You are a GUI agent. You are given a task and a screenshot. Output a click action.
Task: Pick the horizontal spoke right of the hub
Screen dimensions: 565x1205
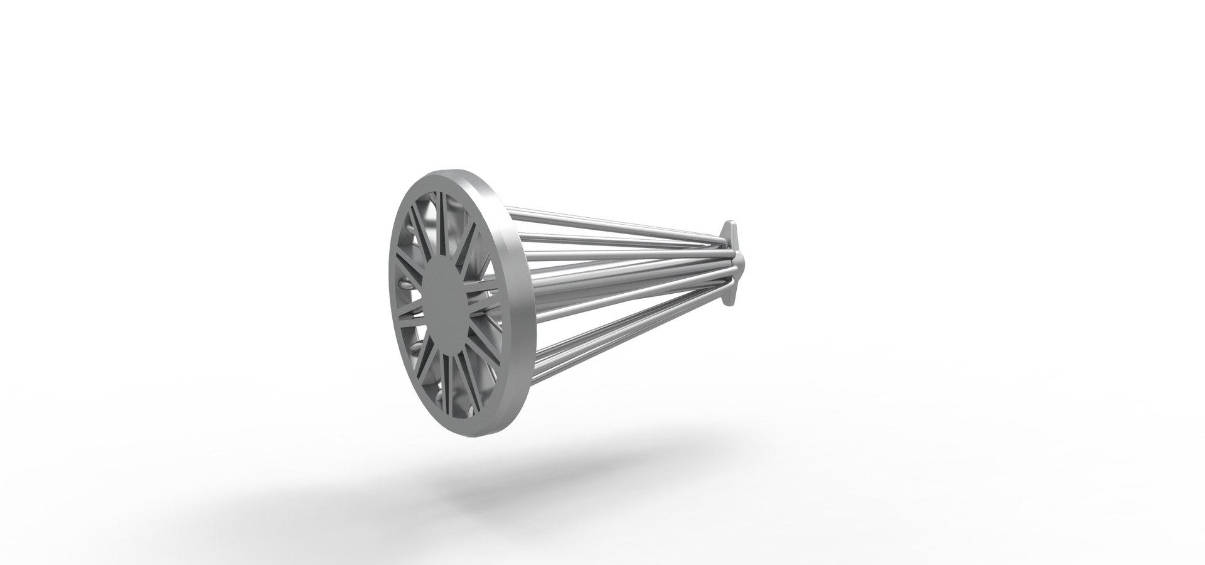click(487, 300)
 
